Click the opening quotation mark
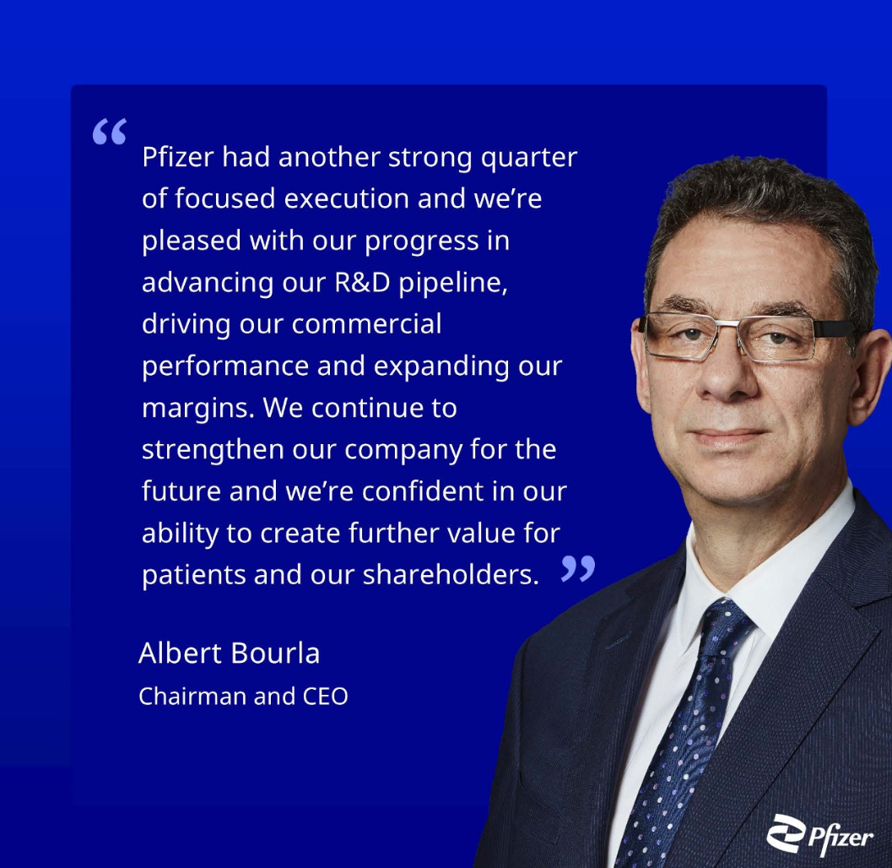[x=109, y=132]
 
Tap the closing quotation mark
[x=578, y=568]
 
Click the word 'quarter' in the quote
[x=529, y=158]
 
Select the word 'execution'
[x=347, y=198]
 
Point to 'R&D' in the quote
[x=362, y=282]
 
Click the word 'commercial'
[x=367, y=324]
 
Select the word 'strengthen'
[x=213, y=451]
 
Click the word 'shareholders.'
[x=451, y=574]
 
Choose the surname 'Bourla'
[x=275, y=653]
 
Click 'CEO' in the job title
[x=325, y=696]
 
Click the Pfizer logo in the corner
[x=819, y=835]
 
